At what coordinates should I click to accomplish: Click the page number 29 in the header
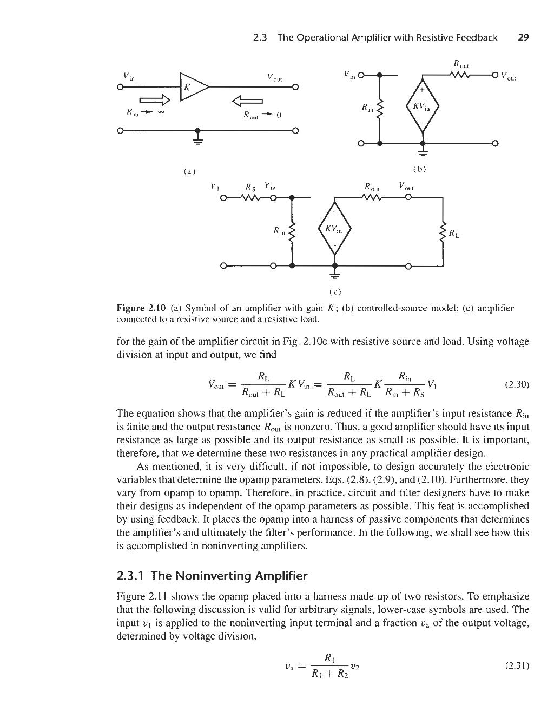click(523, 37)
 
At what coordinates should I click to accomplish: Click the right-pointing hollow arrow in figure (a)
click(155, 99)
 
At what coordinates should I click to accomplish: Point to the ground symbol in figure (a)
click(198, 139)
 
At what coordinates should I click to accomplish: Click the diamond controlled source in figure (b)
click(423, 108)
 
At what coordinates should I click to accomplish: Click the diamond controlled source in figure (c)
click(334, 230)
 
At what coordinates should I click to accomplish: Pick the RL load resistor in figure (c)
click(443, 231)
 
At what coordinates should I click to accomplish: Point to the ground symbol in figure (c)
click(334, 276)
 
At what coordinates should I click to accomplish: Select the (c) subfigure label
click(334, 292)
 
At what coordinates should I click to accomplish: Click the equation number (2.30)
click(516, 385)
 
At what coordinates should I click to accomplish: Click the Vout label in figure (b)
click(509, 76)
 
